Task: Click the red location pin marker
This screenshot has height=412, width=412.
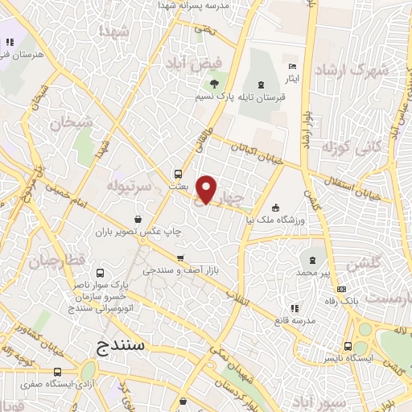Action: click(x=207, y=189)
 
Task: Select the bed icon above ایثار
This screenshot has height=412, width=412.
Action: click(x=293, y=65)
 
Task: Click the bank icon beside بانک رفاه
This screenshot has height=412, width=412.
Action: click(x=342, y=289)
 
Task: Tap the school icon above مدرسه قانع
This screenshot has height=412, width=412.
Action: click(x=295, y=307)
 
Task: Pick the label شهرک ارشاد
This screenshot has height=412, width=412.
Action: click(x=351, y=69)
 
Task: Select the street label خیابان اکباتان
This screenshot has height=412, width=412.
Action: click(x=257, y=153)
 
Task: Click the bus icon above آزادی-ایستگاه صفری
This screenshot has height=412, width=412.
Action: click(x=57, y=372)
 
